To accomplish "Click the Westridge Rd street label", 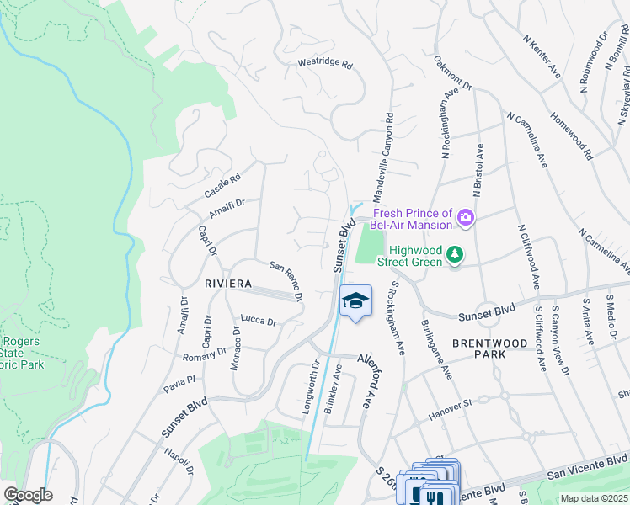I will coord(325,64).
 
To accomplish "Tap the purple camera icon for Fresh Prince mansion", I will coord(464,219).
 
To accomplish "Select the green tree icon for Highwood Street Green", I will coord(455,254).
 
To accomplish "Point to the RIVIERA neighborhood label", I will coord(227,284).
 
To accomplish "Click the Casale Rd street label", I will coord(223,186).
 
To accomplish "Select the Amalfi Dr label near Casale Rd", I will coord(227,208).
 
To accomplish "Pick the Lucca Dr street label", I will coord(259,321).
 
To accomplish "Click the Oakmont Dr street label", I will coord(453,73).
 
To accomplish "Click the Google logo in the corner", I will coord(28,495).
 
